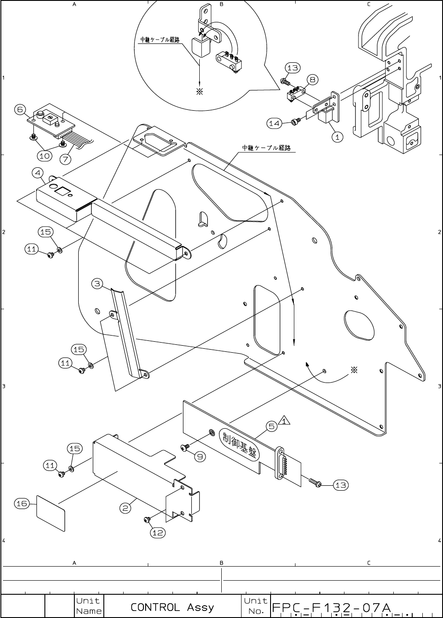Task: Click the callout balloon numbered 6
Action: coord(21,109)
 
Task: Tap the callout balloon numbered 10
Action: coord(44,155)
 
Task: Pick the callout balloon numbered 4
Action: coord(37,173)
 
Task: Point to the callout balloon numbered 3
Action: coord(98,284)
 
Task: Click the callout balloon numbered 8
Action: coord(312,80)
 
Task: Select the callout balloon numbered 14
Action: coord(275,123)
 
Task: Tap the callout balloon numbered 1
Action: coord(337,137)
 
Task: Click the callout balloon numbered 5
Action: coord(271,426)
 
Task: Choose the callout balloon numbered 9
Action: coord(200,457)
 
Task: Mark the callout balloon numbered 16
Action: coord(22,503)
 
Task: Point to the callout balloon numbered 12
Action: coord(158,532)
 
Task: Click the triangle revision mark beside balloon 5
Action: coord(284,422)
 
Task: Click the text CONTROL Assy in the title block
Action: coord(172,607)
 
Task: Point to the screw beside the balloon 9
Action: coord(185,447)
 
